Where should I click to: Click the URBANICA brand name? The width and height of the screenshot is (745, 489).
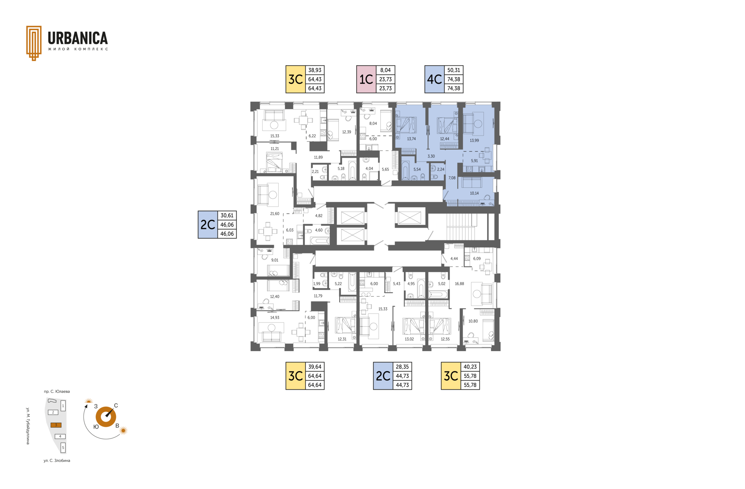(x=78, y=38)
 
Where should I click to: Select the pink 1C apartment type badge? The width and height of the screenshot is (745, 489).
(x=366, y=79)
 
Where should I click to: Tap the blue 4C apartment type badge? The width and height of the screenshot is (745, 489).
(x=435, y=79)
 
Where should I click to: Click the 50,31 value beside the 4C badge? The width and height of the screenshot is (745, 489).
(x=454, y=70)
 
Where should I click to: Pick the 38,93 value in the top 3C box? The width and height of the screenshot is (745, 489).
(x=315, y=70)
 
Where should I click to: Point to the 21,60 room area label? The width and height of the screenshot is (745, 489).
(x=275, y=213)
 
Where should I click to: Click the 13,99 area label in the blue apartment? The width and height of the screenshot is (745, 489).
(x=474, y=140)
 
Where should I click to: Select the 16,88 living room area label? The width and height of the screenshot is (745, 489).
(x=459, y=284)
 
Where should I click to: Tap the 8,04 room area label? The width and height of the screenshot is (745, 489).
(x=373, y=123)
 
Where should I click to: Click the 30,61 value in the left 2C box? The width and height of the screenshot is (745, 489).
(x=227, y=215)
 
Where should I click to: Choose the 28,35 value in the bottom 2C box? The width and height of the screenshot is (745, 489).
(x=402, y=367)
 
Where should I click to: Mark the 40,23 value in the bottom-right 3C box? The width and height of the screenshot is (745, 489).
(x=470, y=367)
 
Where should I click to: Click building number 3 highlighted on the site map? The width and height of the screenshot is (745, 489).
(x=56, y=425)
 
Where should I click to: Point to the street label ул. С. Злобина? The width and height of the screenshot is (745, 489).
(x=57, y=461)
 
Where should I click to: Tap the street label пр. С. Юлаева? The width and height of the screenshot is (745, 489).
(x=57, y=392)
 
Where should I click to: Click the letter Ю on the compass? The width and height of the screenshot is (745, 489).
(x=96, y=427)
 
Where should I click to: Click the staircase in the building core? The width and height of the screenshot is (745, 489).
(x=461, y=227)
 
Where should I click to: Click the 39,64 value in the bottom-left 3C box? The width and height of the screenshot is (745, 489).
(x=315, y=367)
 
